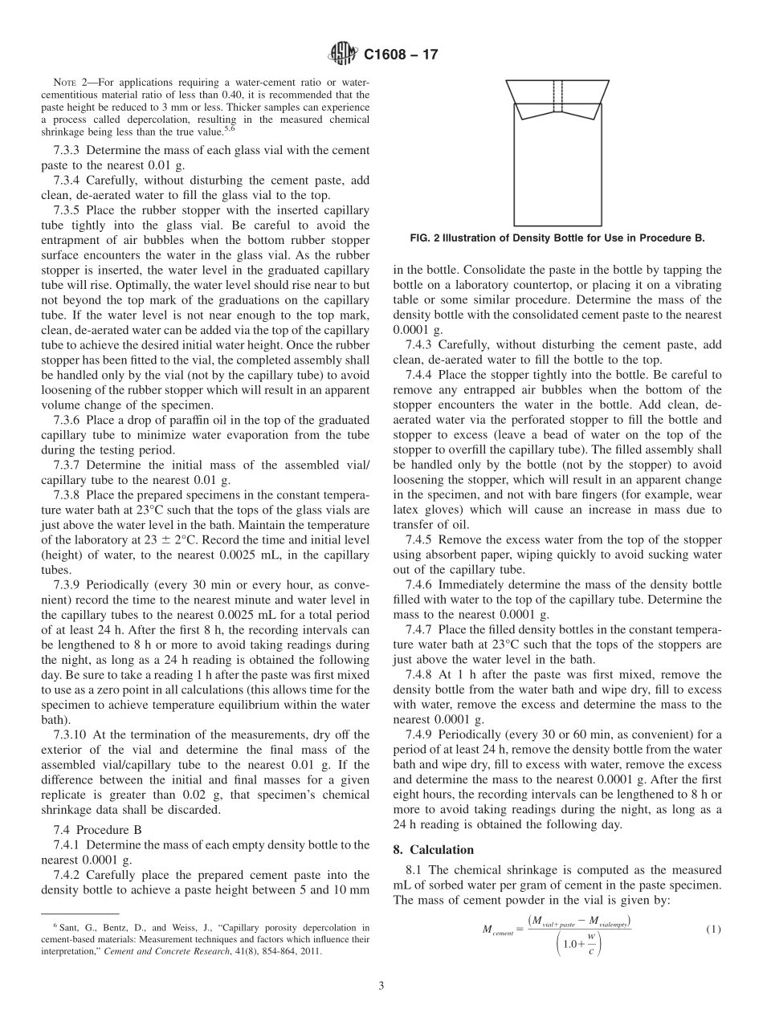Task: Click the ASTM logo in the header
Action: pyautogui.click(x=343, y=55)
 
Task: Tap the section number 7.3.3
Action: pyautogui.click(x=67, y=150)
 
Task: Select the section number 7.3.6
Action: pyautogui.click(x=67, y=420)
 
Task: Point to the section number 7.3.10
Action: pyautogui.click(x=70, y=734)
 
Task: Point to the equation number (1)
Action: pyautogui.click(x=710, y=929)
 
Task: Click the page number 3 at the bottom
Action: pyautogui.click(x=381, y=986)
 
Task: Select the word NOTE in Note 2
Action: pyautogui.click(x=65, y=83)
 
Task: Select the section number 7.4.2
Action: pyautogui.click(x=67, y=875)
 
